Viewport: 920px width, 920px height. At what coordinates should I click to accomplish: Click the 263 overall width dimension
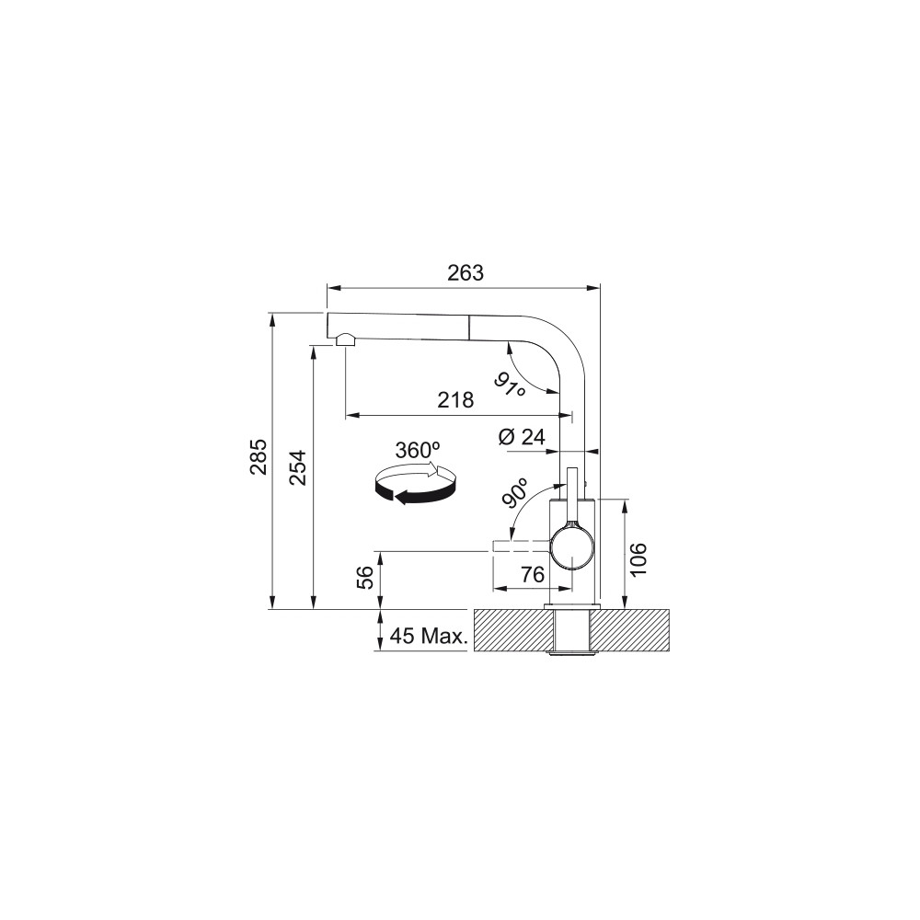[x=466, y=273]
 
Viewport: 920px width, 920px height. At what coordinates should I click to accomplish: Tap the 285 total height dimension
[x=259, y=456]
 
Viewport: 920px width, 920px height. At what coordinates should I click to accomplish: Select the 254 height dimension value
[x=298, y=467]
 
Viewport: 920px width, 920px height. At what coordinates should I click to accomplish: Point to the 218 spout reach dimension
[x=455, y=400]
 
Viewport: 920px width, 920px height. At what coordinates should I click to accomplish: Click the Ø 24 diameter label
[x=522, y=436]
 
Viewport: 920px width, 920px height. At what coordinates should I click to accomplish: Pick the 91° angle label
[x=510, y=384]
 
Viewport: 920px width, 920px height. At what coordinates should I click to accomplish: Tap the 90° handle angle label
[x=514, y=491]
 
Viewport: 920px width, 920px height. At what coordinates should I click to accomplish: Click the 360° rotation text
[x=417, y=450]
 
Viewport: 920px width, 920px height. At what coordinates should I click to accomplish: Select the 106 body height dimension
[x=639, y=559]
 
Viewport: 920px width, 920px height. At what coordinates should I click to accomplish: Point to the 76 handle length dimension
[x=533, y=574]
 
